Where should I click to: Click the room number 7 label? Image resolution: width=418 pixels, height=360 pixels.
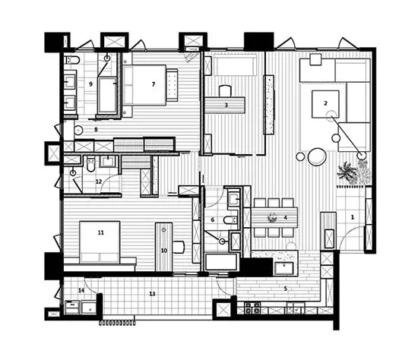(154, 84)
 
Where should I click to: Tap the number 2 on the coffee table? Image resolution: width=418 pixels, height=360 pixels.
(325, 103)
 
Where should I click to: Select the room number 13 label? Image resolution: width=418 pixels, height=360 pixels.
(152, 294)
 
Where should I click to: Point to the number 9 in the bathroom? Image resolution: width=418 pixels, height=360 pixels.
(91, 84)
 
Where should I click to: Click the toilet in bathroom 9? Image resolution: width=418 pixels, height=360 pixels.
(72, 61)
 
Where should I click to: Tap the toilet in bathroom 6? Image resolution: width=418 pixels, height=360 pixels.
(230, 220)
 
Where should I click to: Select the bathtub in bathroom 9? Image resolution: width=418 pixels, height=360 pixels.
(108, 95)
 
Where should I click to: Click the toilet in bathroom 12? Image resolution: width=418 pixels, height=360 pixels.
(91, 164)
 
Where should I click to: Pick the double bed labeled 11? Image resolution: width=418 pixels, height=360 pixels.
(100, 242)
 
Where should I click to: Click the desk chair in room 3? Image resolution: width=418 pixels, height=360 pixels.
(225, 90)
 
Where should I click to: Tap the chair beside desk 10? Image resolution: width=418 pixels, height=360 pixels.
(179, 247)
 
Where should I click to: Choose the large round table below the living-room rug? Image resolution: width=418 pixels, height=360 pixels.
(317, 156)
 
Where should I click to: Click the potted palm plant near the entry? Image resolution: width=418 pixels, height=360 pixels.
(347, 172)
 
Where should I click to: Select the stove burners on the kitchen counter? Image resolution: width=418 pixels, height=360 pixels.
(252, 308)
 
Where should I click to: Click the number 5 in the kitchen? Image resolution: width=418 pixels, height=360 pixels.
(286, 289)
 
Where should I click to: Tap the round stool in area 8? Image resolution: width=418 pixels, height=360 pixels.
(78, 130)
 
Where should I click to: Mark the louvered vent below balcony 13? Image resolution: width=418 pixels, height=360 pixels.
(117, 323)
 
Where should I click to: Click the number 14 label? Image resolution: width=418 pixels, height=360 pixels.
(81, 290)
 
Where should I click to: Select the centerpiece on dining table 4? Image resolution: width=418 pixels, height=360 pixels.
(272, 217)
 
